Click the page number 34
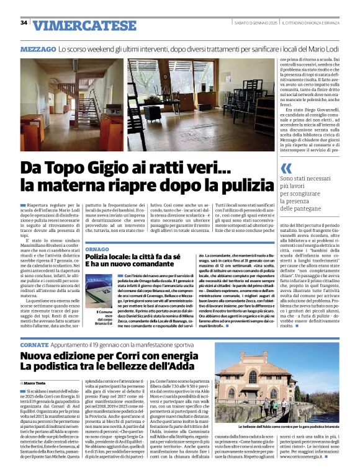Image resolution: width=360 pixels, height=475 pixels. (x=24, y=23)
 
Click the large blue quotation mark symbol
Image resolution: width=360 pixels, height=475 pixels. (x=286, y=169)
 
